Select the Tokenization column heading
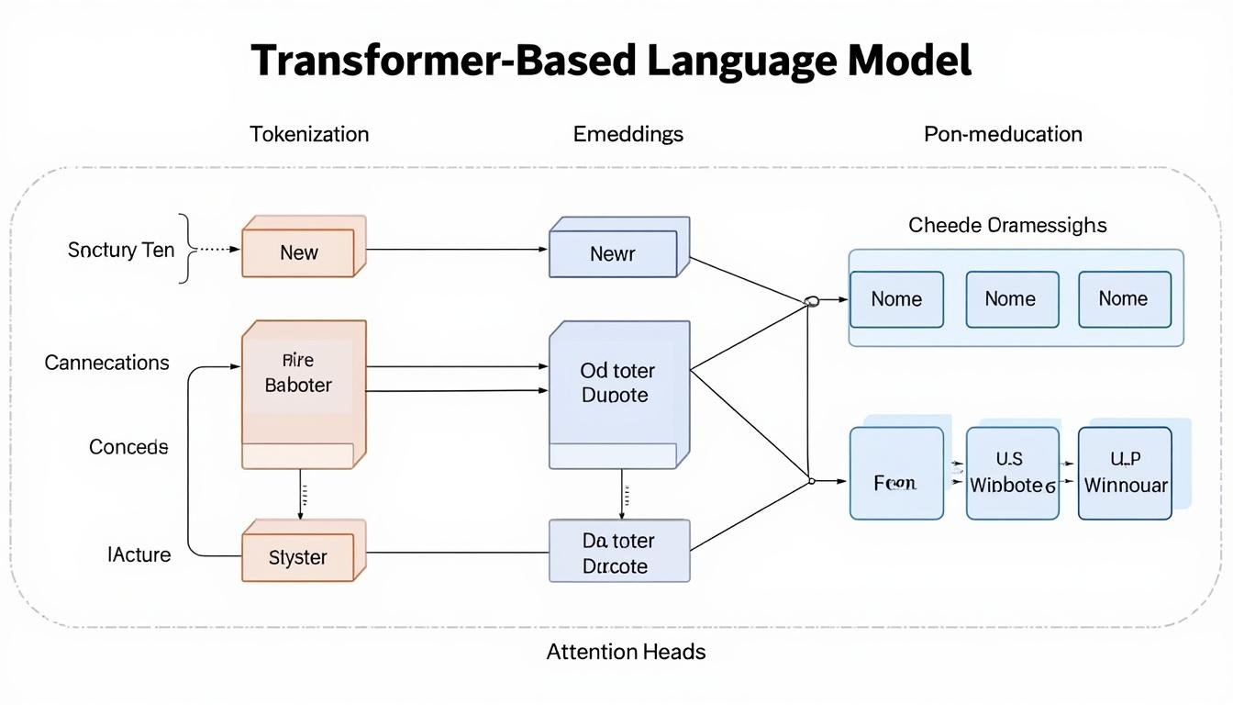309,134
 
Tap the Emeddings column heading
628,134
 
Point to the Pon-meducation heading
1003,134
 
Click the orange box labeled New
299,252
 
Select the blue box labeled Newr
613,253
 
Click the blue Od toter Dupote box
616,384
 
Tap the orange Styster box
298,556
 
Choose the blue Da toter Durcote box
616,554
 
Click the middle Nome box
1010,299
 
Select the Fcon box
895,482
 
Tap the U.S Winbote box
1010,474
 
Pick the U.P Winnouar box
1125,474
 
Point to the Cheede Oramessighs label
1007,225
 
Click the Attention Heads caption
627,652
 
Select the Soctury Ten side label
121,250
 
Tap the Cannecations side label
107,363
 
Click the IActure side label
139,554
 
